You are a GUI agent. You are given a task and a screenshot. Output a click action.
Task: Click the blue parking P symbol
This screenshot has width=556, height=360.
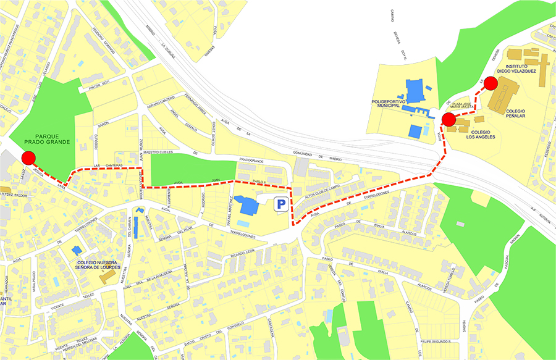coord(281,204)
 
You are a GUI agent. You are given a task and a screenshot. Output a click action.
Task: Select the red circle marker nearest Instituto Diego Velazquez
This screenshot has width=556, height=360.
coord(491,83)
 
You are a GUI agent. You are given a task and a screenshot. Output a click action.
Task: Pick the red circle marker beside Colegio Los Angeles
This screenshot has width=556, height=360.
coord(449,119)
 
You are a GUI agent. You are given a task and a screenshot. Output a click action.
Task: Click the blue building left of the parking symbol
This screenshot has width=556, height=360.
coord(249,205)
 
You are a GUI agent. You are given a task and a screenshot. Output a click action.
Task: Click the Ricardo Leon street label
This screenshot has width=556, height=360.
coord(242,253)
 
